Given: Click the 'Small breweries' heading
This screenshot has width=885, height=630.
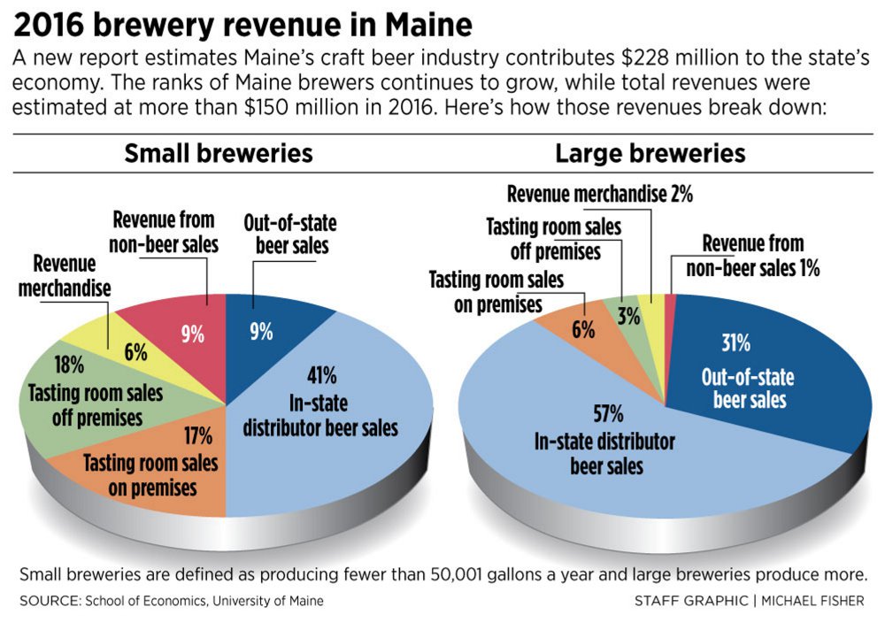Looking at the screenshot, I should point(218,153).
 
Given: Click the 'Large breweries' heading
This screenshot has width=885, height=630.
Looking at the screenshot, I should point(650,153).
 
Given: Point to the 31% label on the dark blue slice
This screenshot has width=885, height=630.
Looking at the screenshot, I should point(736,342).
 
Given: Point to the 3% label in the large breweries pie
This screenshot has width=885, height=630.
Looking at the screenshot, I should point(628,316).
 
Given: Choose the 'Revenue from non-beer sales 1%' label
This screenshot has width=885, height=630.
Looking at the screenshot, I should point(760,256).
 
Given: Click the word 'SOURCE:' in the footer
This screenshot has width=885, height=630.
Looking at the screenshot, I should point(49,601).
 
